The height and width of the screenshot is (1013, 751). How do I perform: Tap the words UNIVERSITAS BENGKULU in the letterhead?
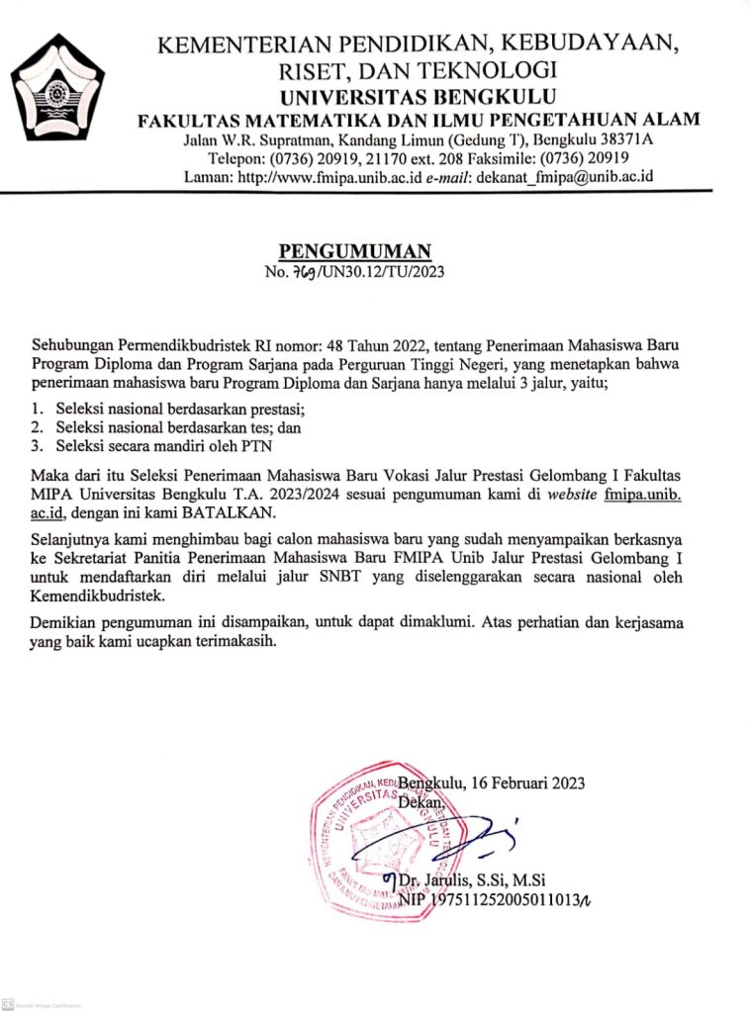click(418, 97)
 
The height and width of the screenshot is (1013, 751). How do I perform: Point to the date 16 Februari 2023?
click(526, 783)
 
